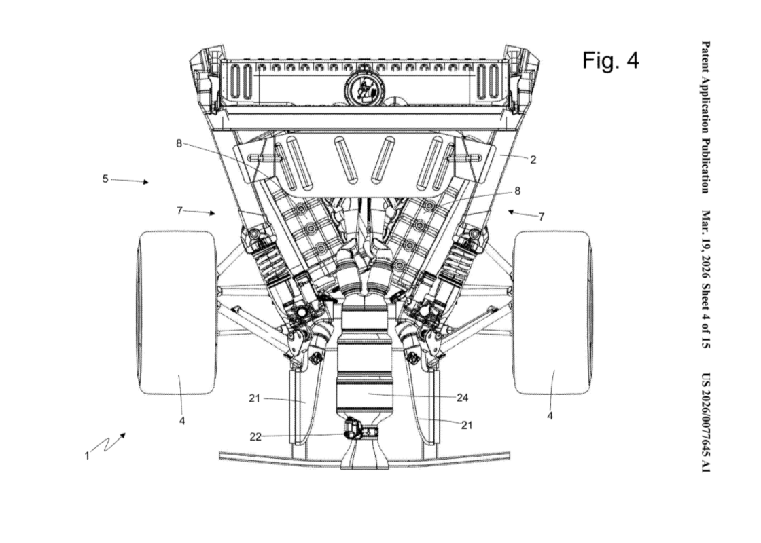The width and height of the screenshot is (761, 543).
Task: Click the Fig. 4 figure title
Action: [610, 60]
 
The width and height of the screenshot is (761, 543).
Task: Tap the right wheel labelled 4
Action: [551, 312]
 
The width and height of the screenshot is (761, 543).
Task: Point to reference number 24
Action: [462, 398]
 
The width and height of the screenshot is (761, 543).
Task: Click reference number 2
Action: [533, 160]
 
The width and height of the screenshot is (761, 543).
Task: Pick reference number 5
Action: [105, 179]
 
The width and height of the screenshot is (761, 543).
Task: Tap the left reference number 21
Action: [254, 398]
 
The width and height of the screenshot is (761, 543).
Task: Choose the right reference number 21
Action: [467, 425]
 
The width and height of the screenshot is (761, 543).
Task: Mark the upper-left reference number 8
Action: [179, 143]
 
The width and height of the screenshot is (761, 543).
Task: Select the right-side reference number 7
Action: [542, 217]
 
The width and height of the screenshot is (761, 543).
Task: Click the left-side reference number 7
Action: [179, 210]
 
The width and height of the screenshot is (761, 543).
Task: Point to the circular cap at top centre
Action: [366, 88]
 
